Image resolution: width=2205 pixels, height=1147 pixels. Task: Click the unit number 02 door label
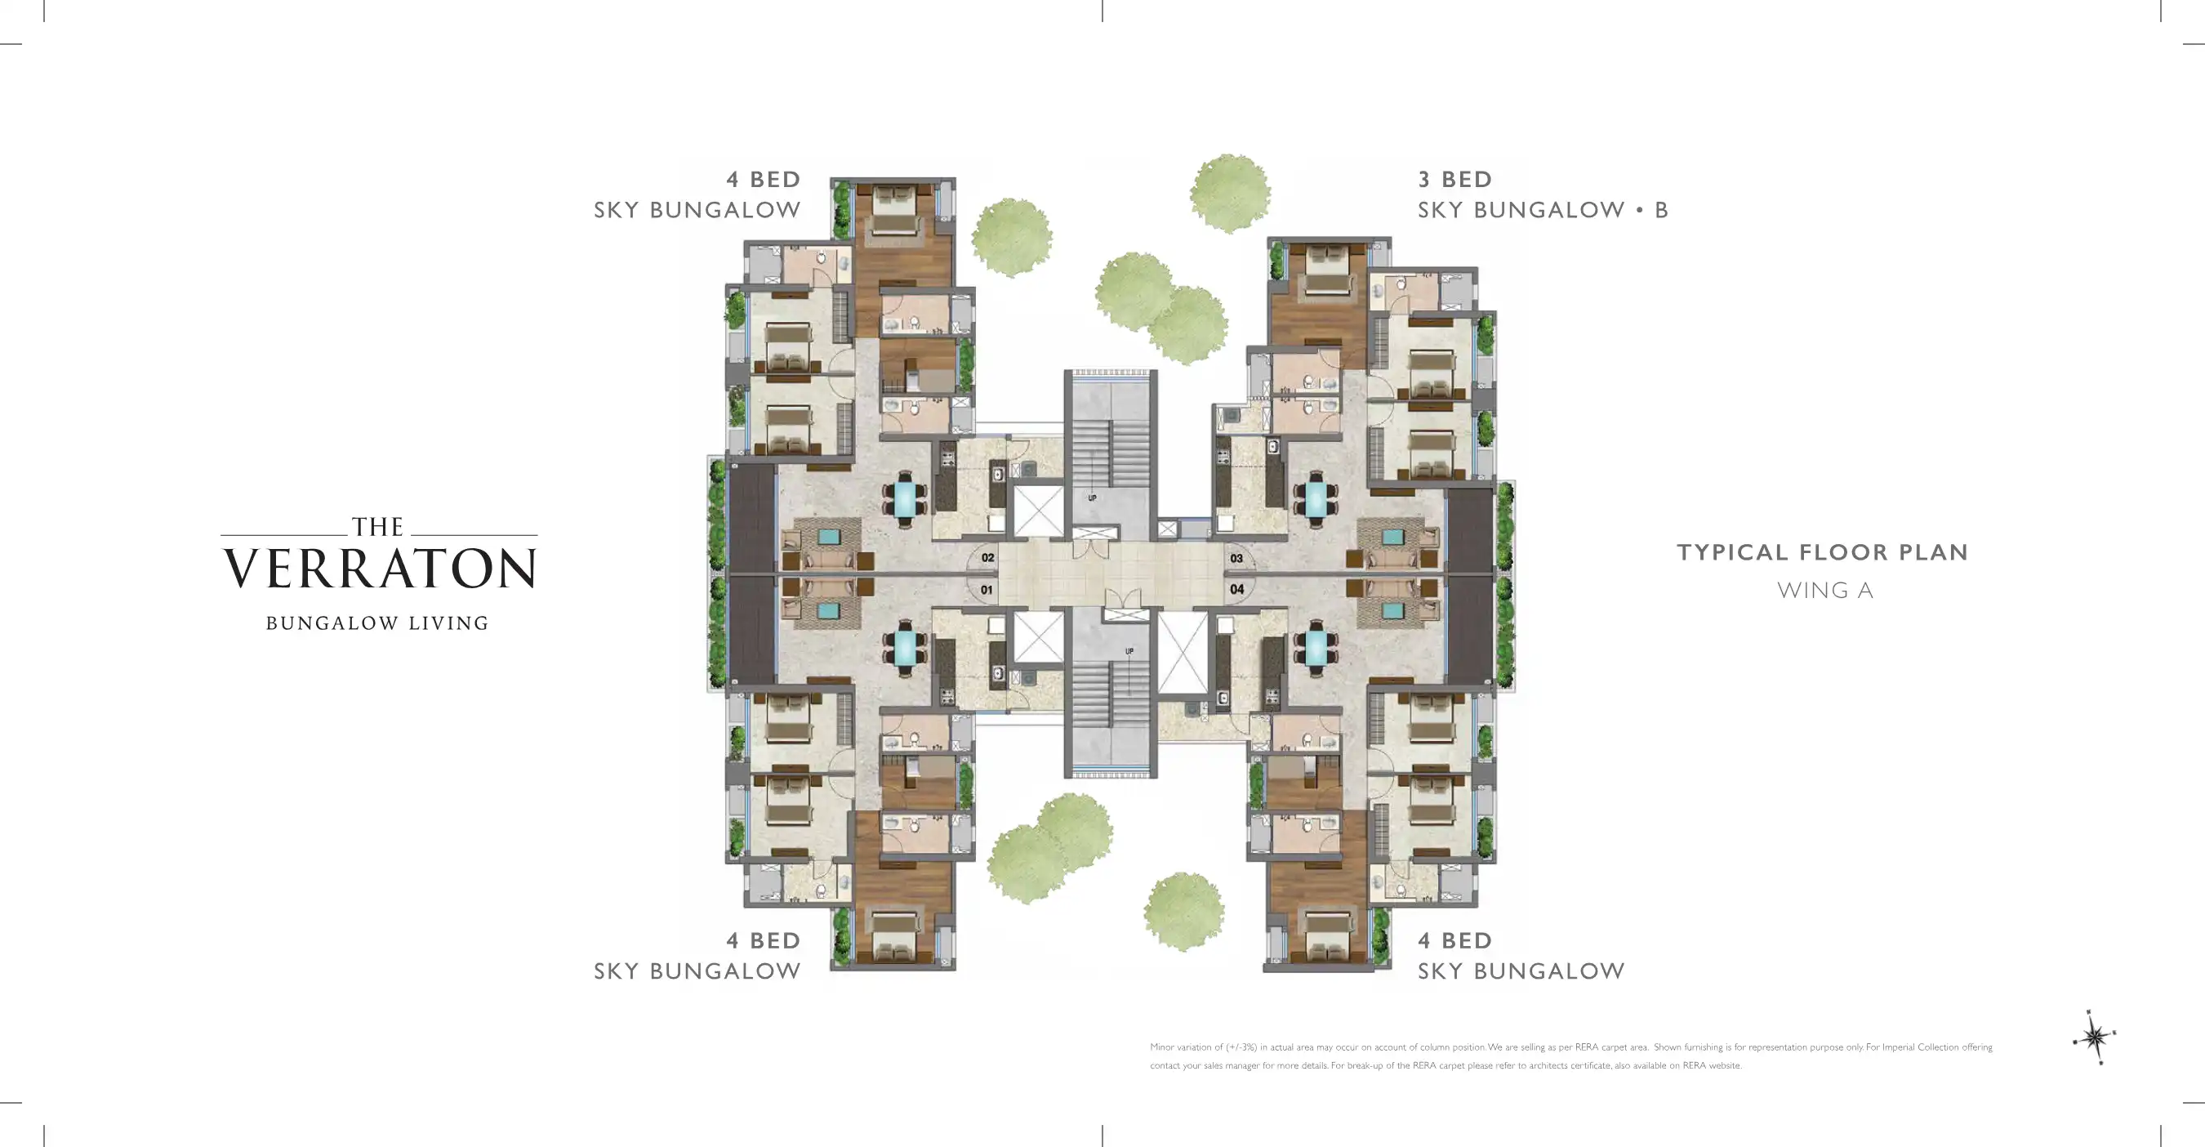(x=988, y=558)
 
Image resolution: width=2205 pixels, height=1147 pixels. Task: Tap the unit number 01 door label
(x=987, y=590)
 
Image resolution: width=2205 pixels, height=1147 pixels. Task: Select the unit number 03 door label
(x=1237, y=558)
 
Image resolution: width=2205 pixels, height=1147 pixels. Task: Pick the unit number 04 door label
(x=1237, y=589)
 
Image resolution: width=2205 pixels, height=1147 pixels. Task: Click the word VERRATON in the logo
(x=380, y=569)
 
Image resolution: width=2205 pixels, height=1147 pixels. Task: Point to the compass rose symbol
(x=2095, y=1038)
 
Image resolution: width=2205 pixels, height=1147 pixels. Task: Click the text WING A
(x=1825, y=591)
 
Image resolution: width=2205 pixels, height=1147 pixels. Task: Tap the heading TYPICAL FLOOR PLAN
(x=1822, y=552)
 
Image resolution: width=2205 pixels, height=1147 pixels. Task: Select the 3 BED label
(x=1454, y=180)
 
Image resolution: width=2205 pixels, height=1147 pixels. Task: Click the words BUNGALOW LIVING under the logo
(x=377, y=623)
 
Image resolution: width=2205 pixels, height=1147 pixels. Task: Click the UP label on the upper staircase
(x=1092, y=498)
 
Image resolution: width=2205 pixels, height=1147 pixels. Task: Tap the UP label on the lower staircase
(x=1129, y=651)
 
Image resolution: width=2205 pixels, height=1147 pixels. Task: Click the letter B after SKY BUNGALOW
(x=1661, y=211)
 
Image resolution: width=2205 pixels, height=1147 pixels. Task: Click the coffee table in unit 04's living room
(x=1392, y=609)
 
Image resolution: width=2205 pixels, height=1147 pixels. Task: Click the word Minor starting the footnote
(x=1161, y=1047)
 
